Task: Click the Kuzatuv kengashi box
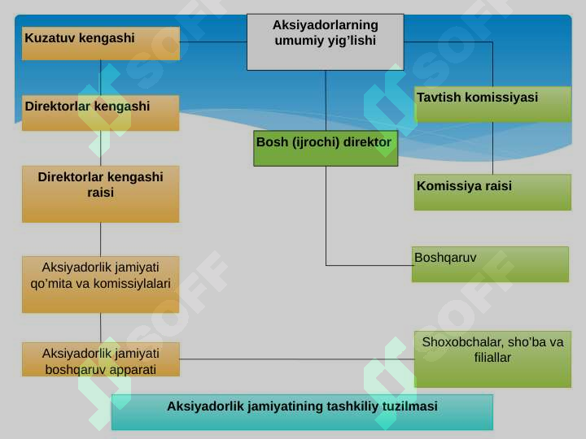(x=101, y=43)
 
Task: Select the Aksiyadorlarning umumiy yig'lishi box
(x=325, y=41)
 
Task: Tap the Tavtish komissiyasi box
(x=492, y=104)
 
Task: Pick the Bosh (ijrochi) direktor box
(x=326, y=148)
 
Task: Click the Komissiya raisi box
(x=492, y=192)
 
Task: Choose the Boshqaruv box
(x=490, y=264)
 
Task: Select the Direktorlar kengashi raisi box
(x=101, y=194)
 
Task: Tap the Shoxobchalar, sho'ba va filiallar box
(x=492, y=359)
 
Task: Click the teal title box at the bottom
(x=302, y=412)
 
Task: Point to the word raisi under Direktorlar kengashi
(x=101, y=193)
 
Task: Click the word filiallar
(x=492, y=358)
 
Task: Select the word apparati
(x=135, y=370)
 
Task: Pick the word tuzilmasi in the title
(x=409, y=406)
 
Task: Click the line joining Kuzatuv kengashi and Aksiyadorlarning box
(x=213, y=41)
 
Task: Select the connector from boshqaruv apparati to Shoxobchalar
(x=297, y=359)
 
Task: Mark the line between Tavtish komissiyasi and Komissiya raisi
(x=492, y=148)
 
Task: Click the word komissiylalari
(x=132, y=284)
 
